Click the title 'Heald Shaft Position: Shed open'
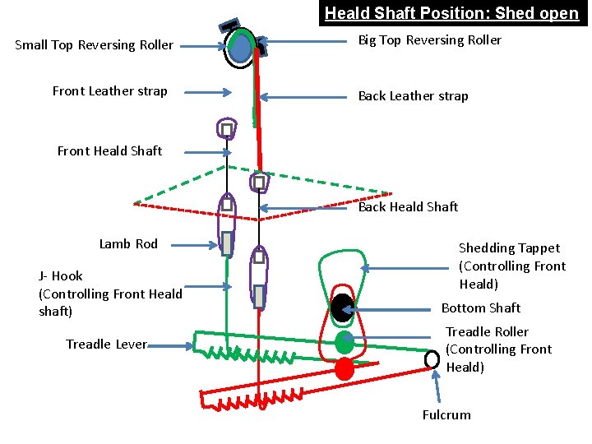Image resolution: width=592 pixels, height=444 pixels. coord(451,13)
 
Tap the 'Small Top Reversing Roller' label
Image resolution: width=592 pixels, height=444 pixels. coord(95,45)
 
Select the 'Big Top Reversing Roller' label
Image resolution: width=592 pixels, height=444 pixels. coord(429,40)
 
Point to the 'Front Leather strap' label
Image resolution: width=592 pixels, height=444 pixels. coord(109,91)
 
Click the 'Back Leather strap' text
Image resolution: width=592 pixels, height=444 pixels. coord(413,96)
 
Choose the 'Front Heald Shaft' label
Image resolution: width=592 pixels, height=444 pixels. coord(109,151)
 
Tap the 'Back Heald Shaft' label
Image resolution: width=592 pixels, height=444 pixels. coord(408,207)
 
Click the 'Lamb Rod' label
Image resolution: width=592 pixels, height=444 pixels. coord(128,244)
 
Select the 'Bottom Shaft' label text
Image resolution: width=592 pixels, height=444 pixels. coord(481,308)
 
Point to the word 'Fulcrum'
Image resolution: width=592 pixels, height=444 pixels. coord(446,415)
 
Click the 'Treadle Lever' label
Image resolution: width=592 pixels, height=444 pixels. coord(106,345)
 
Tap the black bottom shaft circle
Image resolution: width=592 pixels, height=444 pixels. coord(341,308)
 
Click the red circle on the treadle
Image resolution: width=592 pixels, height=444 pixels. coord(345,369)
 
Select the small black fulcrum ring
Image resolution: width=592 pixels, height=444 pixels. coord(432,359)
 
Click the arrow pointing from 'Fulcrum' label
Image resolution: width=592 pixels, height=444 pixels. coord(437,386)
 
